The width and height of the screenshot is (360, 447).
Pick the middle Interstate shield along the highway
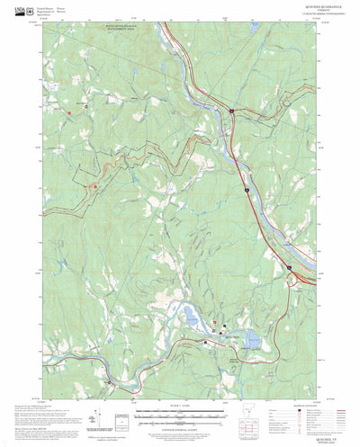245,190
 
